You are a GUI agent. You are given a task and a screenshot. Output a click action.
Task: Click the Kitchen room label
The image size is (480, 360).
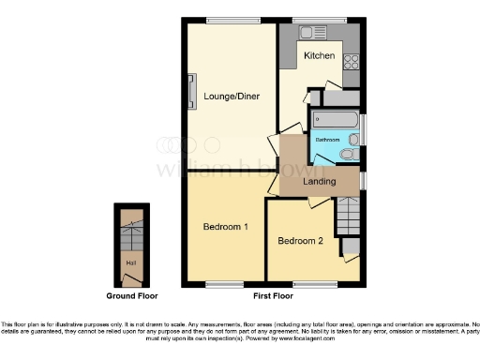click(319, 56)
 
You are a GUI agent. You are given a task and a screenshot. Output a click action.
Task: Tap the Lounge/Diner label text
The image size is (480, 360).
click(231, 97)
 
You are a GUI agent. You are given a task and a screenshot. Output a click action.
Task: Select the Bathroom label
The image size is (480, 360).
click(326, 139)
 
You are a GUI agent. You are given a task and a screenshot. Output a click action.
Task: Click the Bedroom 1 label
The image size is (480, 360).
click(226, 227)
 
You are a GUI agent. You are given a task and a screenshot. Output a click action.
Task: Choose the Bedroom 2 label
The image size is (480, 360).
click(300, 241)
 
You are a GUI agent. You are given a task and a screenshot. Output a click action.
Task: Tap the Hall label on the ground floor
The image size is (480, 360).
click(130, 263)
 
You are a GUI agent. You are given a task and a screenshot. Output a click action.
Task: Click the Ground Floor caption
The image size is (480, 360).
click(130, 296)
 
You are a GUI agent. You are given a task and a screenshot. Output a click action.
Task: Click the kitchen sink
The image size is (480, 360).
click(306, 33)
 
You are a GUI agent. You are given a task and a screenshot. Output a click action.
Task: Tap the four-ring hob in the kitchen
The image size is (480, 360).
click(352, 62)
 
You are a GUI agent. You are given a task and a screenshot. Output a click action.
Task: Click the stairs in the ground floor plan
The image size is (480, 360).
click(130, 232)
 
